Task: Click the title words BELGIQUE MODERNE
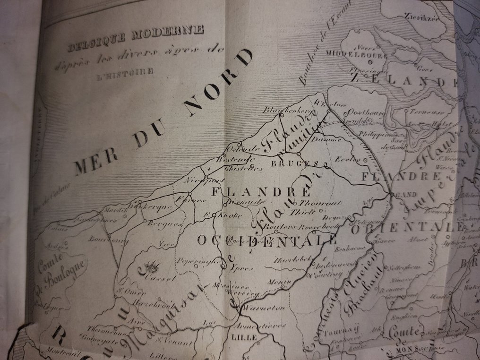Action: [136, 39]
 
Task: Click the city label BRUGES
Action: [288, 163]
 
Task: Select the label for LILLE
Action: [244, 337]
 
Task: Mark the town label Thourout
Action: [322, 203]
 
